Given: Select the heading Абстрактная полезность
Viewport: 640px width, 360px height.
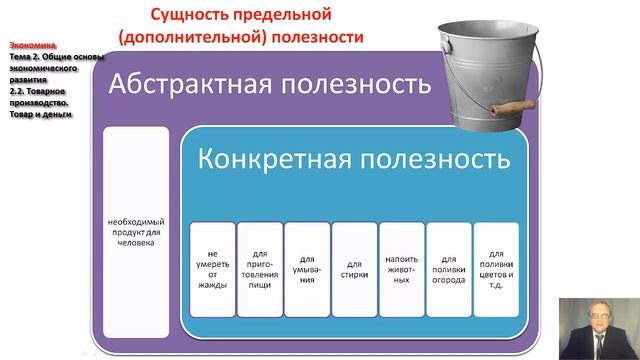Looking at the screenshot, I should [270, 83].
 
